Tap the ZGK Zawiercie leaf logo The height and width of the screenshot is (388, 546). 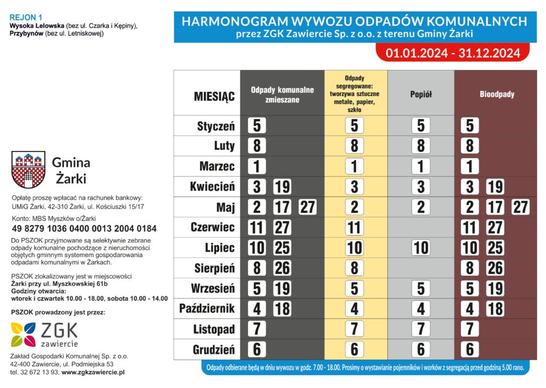[25, 334]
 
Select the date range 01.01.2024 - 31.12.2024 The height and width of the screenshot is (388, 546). [453, 53]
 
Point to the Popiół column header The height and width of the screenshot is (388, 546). [421, 94]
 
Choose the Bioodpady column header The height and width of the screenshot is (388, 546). [497, 94]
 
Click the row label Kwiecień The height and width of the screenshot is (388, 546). [212, 187]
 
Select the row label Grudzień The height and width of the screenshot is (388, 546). [213, 350]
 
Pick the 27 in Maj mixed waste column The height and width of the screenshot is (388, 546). [307, 207]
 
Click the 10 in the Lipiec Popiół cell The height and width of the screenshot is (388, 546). [421, 248]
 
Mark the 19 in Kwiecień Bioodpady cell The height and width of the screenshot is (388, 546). [495, 187]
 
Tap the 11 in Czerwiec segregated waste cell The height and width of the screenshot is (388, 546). [354, 228]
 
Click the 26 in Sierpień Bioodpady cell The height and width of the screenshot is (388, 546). [495, 268]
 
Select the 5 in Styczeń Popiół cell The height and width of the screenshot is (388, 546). [421, 126]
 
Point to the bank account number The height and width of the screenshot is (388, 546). [84, 229]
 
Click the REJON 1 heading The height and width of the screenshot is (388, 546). [26, 18]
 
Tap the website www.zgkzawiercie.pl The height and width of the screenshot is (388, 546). [93, 372]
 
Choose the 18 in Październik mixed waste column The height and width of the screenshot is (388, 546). [282, 309]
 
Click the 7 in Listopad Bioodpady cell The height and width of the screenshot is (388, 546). [470, 329]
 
